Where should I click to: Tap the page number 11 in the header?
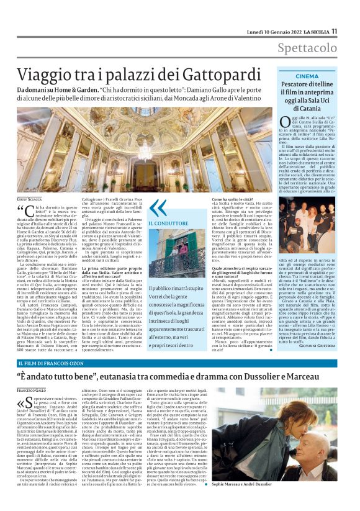(x=334, y=30)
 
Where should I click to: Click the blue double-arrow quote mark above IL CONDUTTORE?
(x=158, y=207)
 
